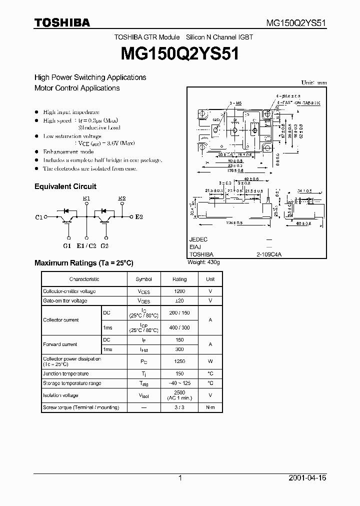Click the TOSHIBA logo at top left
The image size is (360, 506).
(62, 22)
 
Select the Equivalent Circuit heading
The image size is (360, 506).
(65, 186)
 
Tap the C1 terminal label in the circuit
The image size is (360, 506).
(39, 217)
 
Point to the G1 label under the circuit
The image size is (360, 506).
(67, 245)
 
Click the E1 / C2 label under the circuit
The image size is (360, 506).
(86, 245)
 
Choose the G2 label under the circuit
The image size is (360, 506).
(104, 245)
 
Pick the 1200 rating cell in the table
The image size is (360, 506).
(179, 291)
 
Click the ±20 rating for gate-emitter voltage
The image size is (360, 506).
(179, 300)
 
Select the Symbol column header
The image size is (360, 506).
(143, 279)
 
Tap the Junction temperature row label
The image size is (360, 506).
(66, 373)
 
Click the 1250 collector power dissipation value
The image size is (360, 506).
(179, 361)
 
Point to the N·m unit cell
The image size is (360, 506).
(210, 407)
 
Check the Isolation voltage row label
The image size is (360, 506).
(60, 395)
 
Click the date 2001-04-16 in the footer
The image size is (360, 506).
(307, 478)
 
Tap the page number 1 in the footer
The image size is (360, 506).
(180, 478)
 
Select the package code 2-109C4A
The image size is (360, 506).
(269, 254)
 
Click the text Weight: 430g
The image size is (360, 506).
(204, 262)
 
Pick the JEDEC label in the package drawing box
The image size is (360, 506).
(198, 239)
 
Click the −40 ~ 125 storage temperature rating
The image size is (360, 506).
(179, 383)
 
